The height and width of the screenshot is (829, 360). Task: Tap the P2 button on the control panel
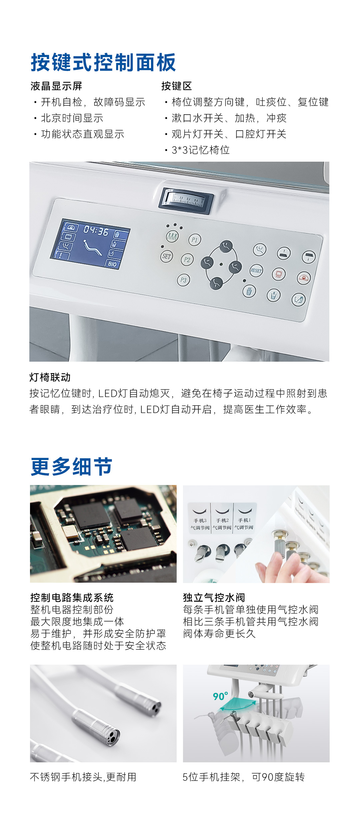pyautogui.click(x=187, y=260)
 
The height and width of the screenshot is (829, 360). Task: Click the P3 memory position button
pyautogui.click(x=183, y=280)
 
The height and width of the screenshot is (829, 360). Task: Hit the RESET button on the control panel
pyautogui.click(x=256, y=270)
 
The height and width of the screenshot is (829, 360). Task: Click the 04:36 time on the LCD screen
pyautogui.click(x=96, y=230)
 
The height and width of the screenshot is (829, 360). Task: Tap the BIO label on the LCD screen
pyautogui.click(x=113, y=264)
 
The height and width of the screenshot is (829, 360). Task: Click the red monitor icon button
pyautogui.click(x=279, y=274)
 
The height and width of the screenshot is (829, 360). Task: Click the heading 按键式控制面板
pyautogui.click(x=103, y=62)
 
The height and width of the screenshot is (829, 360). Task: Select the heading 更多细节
pyautogui.click(x=71, y=466)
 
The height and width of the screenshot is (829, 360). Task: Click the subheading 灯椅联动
pyautogui.click(x=50, y=377)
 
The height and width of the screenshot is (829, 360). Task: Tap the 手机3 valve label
pyautogui.click(x=200, y=520)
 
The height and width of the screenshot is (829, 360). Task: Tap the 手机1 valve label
pyautogui.click(x=244, y=520)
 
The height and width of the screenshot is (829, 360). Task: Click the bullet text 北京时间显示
pyautogui.click(x=72, y=118)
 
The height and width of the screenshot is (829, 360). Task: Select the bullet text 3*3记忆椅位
pyautogui.click(x=201, y=150)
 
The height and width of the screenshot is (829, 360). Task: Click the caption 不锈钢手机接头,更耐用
pyautogui.click(x=83, y=777)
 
